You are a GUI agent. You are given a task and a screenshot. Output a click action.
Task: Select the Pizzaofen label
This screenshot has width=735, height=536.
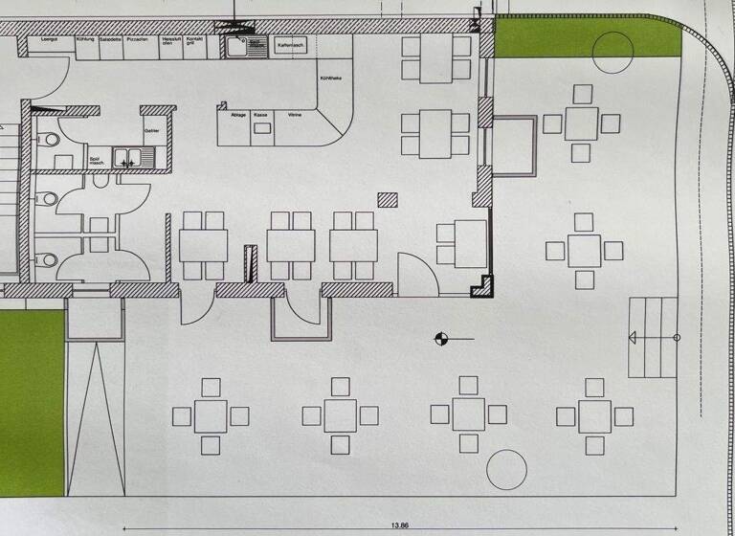point(137,39)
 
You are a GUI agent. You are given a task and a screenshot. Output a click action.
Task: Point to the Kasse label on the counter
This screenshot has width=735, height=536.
point(260,115)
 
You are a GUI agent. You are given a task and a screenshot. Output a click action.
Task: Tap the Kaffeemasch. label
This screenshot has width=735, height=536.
point(290,45)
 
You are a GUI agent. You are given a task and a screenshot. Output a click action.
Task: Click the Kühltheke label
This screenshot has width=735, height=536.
point(330,78)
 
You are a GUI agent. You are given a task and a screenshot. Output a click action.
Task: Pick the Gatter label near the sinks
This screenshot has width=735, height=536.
point(150,130)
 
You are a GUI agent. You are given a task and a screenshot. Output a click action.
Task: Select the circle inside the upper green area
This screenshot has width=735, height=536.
point(612,53)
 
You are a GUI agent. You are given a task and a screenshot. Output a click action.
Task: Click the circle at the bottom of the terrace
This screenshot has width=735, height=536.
point(506,470)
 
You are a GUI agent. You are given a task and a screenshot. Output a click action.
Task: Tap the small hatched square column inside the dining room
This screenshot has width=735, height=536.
point(388,200)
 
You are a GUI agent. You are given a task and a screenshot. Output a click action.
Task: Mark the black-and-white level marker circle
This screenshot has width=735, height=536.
point(441,337)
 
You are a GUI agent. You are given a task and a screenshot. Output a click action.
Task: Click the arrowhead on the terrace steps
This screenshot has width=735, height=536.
point(633,337)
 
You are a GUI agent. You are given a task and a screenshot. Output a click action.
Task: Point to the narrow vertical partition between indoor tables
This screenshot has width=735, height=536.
point(251,263)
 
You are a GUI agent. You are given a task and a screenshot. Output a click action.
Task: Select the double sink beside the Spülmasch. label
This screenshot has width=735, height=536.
point(126,158)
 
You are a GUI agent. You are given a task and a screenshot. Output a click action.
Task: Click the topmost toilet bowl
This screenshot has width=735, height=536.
point(51,140)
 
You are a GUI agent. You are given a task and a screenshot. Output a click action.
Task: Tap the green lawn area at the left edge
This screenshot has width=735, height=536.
point(32,402)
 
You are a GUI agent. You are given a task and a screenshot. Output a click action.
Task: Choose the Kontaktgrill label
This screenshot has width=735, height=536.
point(195,41)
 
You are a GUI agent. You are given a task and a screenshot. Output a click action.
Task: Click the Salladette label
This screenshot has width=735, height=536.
point(111,39)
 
